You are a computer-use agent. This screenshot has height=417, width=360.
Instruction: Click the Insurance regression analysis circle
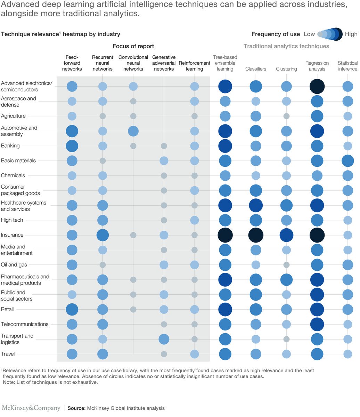(x=317, y=235)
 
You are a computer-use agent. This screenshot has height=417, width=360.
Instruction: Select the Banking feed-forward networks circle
(x=72, y=146)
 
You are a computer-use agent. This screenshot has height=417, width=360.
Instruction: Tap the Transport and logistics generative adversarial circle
(x=164, y=339)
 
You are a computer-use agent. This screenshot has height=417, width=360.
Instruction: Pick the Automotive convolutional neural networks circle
(x=133, y=131)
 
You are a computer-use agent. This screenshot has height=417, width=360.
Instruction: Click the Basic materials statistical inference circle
(x=347, y=161)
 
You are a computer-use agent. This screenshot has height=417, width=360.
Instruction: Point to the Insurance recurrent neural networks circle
(x=103, y=235)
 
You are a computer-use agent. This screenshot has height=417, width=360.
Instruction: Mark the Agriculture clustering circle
(x=286, y=116)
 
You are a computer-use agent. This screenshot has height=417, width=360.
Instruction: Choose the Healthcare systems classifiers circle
(x=256, y=205)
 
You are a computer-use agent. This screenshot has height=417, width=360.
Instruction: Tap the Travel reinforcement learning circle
(x=194, y=354)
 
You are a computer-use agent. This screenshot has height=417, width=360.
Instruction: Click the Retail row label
(x=7, y=309)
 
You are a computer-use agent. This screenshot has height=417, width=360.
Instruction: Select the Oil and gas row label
(x=14, y=265)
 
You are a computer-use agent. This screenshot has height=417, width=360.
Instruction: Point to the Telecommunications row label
(x=25, y=324)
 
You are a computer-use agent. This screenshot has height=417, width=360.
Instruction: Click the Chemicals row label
(x=13, y=175)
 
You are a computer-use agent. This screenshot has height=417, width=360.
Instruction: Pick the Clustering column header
(x=286, y=69)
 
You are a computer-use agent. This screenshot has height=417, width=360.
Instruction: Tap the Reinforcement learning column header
(x=194, y=66)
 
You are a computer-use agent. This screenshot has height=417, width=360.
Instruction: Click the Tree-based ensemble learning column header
(x=225, y=63)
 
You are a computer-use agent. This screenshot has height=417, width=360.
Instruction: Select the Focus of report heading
(x=133, y=46)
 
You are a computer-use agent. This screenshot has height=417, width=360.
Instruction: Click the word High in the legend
(x=351, y=34)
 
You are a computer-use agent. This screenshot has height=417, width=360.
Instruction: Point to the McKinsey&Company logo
(x=31, y=408)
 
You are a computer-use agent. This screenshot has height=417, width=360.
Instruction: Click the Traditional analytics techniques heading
(x=286, y=46)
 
